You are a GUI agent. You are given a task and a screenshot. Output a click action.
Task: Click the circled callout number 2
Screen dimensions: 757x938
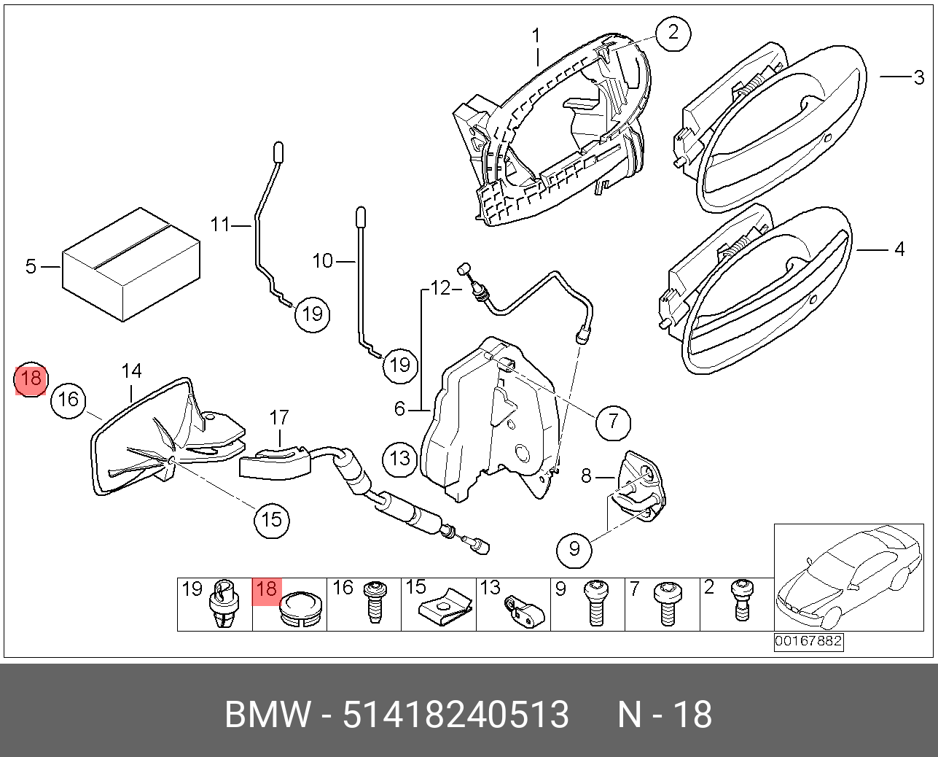click(672, 33)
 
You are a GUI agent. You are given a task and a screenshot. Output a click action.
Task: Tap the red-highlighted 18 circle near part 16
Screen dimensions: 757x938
click(31, 379)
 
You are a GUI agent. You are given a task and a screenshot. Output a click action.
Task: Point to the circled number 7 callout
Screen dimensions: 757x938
click(613, 421)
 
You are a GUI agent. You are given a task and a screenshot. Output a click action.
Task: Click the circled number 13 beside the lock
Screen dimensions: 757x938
click(400, 458)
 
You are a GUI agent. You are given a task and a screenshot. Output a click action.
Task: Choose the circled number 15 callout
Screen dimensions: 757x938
click(271, 520)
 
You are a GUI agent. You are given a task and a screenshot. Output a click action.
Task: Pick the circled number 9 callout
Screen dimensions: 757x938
click(574, 548)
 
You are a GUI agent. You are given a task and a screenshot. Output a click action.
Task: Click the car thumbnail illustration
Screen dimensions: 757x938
click(848, 577)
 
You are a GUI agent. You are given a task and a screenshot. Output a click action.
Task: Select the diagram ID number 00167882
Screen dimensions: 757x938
click(808, 642)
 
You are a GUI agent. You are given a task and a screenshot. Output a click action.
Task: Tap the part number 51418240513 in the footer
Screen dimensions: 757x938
click(456, 715)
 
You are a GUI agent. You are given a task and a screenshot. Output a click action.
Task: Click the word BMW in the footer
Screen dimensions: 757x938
click(267, 715)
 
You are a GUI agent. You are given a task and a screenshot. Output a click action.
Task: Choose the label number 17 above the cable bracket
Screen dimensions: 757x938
click(279, 417)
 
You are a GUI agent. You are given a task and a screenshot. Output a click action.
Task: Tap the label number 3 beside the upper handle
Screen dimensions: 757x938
click(919, 77)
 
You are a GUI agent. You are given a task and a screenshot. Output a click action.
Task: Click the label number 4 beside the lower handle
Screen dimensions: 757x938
click(899, 249)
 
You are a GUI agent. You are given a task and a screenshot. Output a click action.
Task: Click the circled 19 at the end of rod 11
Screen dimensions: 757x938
click(312, 314)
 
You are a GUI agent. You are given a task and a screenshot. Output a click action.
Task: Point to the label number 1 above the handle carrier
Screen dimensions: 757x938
click(536, 35)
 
